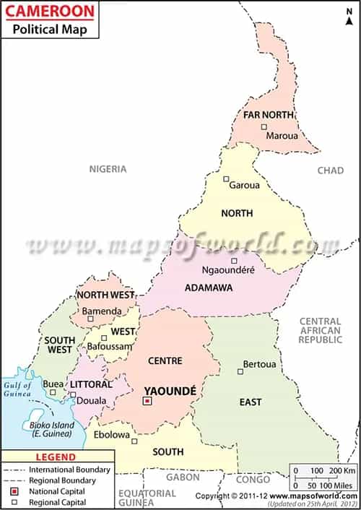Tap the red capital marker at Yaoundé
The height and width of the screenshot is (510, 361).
pos(147,401)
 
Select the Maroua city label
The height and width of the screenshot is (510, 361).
pos(282,135)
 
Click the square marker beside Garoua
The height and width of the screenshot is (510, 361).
pos(226,179)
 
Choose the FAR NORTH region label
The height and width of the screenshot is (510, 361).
pos(268,115)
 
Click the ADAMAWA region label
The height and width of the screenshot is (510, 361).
pos(209,288)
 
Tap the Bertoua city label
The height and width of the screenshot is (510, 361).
pos(259,363)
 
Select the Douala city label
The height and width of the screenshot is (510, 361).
pos(92,401)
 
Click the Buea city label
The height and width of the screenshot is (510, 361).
pos(53,384)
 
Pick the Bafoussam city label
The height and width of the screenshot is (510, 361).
pos(110,347)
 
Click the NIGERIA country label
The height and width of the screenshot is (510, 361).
pos(108,169)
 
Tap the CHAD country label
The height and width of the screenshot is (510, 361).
pos(331,170)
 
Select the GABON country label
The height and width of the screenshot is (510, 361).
pos(182,477)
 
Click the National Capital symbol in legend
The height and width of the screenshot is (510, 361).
pos(14,490)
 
